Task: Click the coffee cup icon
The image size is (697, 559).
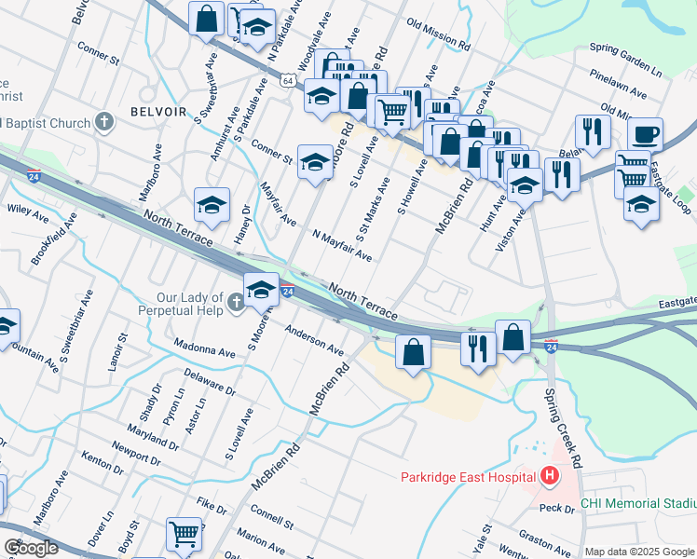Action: coord(643,134)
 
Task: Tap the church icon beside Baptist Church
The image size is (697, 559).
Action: coord(103,122)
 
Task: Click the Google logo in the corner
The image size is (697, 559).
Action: coord(32,548)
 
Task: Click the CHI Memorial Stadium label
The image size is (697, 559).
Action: coord(637,503)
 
